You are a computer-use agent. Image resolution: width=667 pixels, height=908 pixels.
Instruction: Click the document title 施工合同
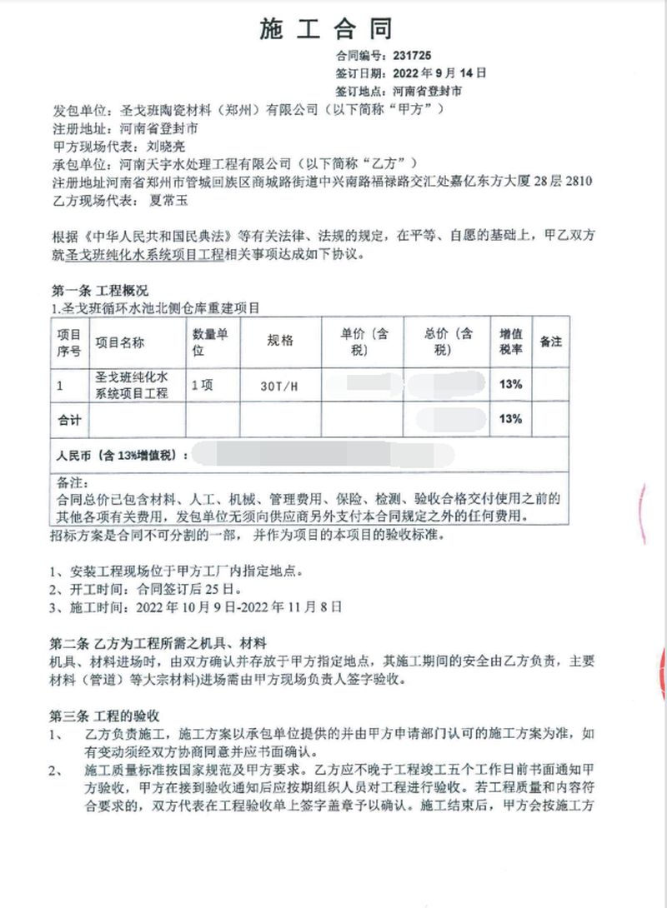tap(326, 31)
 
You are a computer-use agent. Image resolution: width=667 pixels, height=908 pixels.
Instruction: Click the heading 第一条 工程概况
tap(99, 292)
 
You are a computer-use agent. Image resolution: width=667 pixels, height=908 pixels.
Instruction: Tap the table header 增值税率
tap(510, 342)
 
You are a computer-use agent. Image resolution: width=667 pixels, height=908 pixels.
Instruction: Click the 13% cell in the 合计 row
tap(510, 419)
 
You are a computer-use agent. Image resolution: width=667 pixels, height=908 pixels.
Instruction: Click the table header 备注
tap(550, 342)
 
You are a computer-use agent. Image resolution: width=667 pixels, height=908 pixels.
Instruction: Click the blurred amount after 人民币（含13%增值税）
tap(317, 456)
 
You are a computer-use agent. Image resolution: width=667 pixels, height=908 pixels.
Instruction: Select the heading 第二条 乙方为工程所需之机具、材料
tap(158, 644)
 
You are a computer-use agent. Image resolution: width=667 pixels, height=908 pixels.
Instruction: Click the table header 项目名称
tap(120, 342)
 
